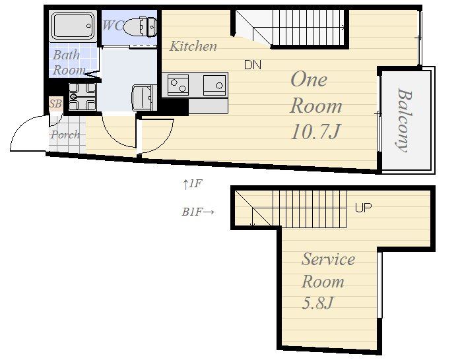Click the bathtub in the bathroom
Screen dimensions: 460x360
[x=73, y=26]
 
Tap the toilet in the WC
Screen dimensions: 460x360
[x=140, y=26]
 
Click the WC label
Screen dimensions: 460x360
[x=112, y=25]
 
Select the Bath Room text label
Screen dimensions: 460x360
[x=69, y=63]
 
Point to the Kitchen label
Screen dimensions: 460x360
[x=193, y=46]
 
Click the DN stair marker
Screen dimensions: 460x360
[x=253, y=65]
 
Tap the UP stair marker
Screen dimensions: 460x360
[x=363, y=208]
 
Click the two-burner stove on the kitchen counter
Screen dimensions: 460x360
[x=178, y=84]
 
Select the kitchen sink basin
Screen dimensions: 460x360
[x=215, y=85]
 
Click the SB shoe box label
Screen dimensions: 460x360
[x=55, y=104]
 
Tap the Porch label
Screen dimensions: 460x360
[x=65, y=135]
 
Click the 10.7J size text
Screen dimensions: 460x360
[x=315, y=131]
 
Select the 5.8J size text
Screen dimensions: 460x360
[x=317, y=303]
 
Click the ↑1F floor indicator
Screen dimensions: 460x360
[x=193, y=184]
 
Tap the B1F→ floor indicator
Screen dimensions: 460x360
[x=198, y=212]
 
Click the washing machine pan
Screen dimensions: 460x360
[x=82, y=97]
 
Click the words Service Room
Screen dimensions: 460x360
[x=328, y=270]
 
